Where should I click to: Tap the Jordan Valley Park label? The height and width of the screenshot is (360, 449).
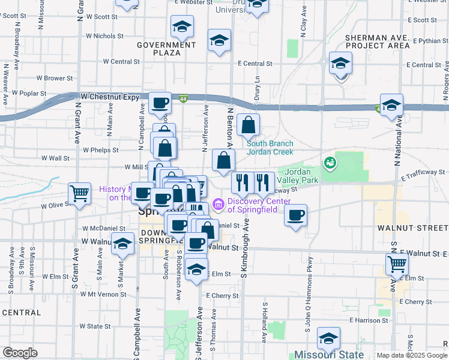click(x=301, y=176)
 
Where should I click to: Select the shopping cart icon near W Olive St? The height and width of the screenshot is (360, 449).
click(x=79, y=193)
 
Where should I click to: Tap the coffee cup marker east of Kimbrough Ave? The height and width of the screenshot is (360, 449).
click(x=295, y=215)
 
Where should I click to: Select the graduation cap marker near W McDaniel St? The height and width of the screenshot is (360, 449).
click(x=122, y=244)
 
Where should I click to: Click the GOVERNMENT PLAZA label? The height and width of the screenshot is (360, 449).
click(x=158, y=49)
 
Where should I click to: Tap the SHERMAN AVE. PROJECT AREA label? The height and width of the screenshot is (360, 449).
click(x=378, y=41)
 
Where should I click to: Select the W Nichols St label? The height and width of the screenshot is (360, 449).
click(x=104, y=36)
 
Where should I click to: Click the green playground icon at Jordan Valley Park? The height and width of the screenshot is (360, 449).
click(x=329, y=162)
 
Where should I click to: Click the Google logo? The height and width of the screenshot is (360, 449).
click(x=20, y=353)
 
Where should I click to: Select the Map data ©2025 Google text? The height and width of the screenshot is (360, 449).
click(x=412, y=355)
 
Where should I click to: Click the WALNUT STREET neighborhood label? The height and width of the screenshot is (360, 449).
click(x=413, y=228)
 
